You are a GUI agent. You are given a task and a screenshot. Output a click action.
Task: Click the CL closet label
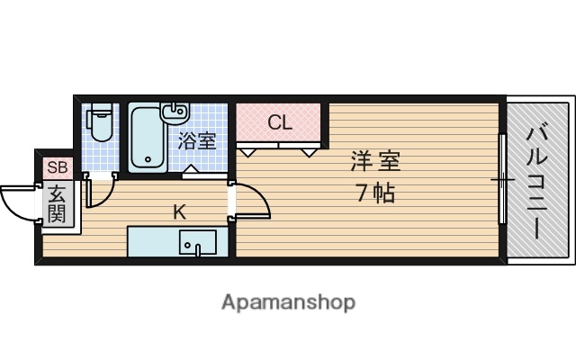[280, 123]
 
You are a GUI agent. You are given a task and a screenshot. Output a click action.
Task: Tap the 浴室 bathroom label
[197, 140]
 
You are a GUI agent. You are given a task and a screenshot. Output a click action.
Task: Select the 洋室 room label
[375, 163]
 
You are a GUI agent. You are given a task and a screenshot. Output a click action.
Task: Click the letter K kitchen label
[179, 212]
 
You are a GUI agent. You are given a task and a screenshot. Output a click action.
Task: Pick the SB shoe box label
[57, 167]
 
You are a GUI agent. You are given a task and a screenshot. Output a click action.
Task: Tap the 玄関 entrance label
[57, 203]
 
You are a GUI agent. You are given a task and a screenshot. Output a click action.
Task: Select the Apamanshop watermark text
[288, 301]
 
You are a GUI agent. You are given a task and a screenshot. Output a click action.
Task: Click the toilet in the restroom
[101, 124]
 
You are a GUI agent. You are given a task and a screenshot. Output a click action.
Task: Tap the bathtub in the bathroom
[147, 138]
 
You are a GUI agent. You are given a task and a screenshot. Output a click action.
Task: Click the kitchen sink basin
[197, 244]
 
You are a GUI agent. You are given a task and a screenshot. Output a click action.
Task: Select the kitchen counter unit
[171, 243]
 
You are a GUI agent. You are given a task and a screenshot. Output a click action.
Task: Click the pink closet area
[280, 123]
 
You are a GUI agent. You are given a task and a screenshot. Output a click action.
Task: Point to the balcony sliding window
[501, 181]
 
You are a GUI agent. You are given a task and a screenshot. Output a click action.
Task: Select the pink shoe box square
[57, 167]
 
